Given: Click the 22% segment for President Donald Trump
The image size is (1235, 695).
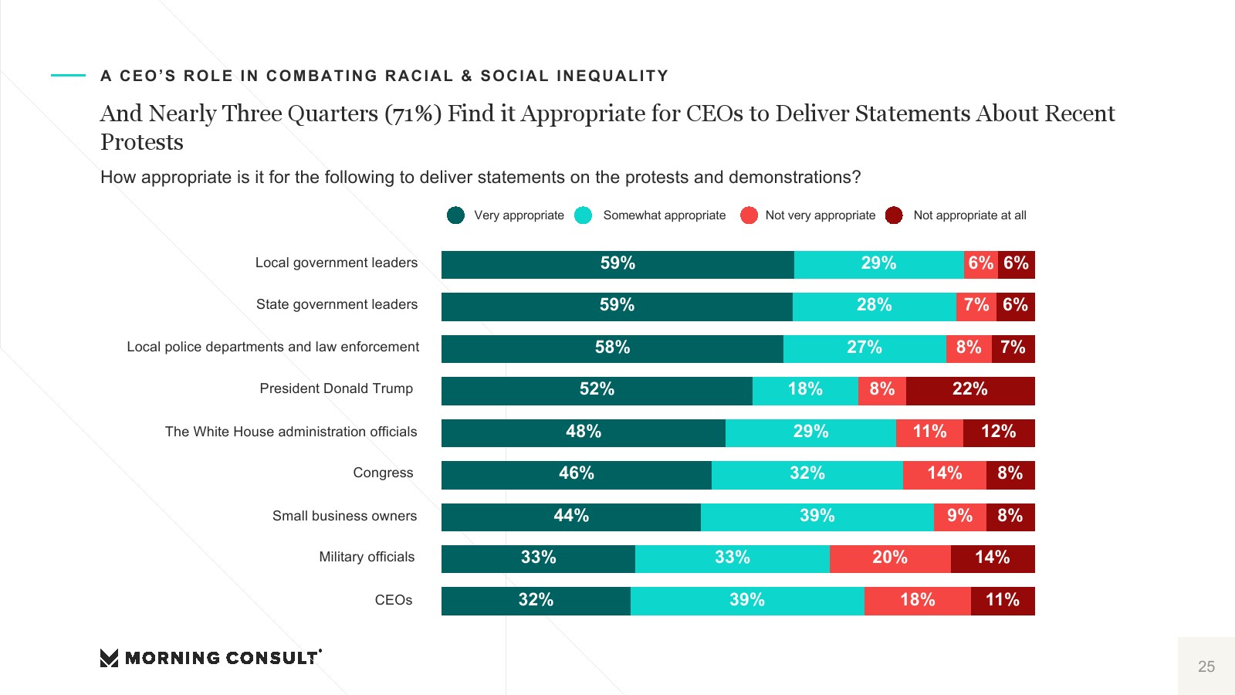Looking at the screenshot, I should (970, 390).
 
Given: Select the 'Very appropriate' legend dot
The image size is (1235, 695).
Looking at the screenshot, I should (455, 215).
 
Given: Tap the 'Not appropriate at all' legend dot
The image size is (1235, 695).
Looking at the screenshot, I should (894, 215).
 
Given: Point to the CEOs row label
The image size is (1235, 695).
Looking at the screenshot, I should (394, 600).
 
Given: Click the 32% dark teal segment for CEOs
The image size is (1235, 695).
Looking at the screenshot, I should (536, 601).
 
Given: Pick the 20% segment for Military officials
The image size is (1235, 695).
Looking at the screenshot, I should (890, 558).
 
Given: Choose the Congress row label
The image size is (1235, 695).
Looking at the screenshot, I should (383, 473).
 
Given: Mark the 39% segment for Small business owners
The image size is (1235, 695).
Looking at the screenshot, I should (817, 517).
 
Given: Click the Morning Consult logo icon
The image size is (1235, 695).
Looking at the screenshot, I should (109, 658).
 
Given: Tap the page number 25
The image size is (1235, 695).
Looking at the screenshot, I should (1206, 666).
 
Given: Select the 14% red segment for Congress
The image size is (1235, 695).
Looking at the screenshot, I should (944, 474).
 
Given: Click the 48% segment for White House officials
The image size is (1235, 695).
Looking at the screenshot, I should (583, 432).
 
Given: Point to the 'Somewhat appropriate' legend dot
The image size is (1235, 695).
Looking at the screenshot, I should (584, 215).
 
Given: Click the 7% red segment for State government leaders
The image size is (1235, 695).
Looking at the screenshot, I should (976, 306).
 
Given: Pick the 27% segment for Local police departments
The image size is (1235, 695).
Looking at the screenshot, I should (864, 348).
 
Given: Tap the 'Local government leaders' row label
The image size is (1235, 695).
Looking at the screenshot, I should (337, 263).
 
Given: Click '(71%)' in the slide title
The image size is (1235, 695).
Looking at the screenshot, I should (413, 114).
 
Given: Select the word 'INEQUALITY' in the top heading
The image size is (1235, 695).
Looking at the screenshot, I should (612, 76).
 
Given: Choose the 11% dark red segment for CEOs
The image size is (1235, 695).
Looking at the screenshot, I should (1002, 601).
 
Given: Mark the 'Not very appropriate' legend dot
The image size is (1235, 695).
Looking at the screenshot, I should (749, 215).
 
